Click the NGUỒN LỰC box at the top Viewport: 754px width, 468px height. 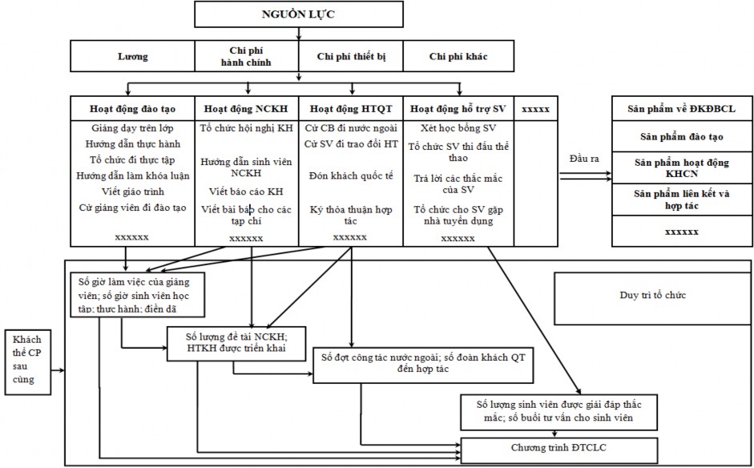pos(299,14)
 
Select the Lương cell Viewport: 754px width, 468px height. pos(133,57)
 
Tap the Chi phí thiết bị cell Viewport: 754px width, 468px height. pos(350,57)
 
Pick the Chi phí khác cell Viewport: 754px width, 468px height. pos(458,57)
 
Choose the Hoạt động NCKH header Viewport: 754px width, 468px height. pos(246,108)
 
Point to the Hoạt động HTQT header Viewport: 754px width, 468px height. pos(350,108)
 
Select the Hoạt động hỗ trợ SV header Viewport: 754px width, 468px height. pos(458,108)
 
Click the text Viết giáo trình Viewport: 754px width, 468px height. pos(132,192)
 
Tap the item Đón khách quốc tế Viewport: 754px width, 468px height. pos(350,175)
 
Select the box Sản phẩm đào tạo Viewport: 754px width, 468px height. pos(682,137)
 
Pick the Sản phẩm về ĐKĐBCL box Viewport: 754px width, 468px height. pos(682,108)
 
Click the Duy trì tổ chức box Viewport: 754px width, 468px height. pos(652,296)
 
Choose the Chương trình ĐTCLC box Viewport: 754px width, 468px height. pos(559,447)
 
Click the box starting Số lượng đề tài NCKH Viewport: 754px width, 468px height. pos(226,341)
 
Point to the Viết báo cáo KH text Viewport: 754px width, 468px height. pos(246,192)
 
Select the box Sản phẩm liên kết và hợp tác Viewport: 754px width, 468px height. pos(682,199)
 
